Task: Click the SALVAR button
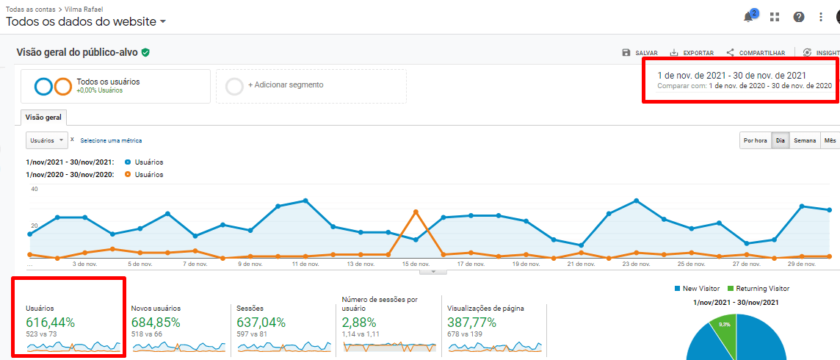click(640, 53)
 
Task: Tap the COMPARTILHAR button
click(756, 53)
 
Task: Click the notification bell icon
click(749, 17)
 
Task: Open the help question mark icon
click(798, 17)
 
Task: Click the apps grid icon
click(774, 17)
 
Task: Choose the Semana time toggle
click(805, 140)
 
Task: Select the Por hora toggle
click(756, 140)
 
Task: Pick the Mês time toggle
click(830, 140)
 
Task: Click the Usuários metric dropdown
click(47, 140)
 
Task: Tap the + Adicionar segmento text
click(286, 85)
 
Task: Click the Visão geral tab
click(44, 118)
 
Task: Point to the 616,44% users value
click(50, 323)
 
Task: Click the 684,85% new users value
click(156, 323)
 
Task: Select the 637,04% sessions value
click(261, 323)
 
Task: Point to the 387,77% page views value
click(471, 323)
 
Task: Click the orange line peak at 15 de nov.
click(416, 212)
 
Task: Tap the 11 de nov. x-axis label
click(305, 263)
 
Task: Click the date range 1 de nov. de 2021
click(731, 75)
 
